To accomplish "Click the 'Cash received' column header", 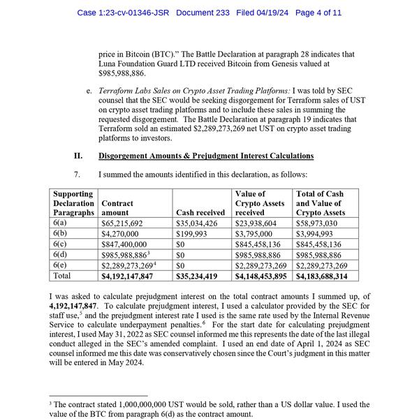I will click(x=200, y=212).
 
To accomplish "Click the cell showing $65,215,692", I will click(x=122, y=223).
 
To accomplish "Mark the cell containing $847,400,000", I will click(x=124, y=244).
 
